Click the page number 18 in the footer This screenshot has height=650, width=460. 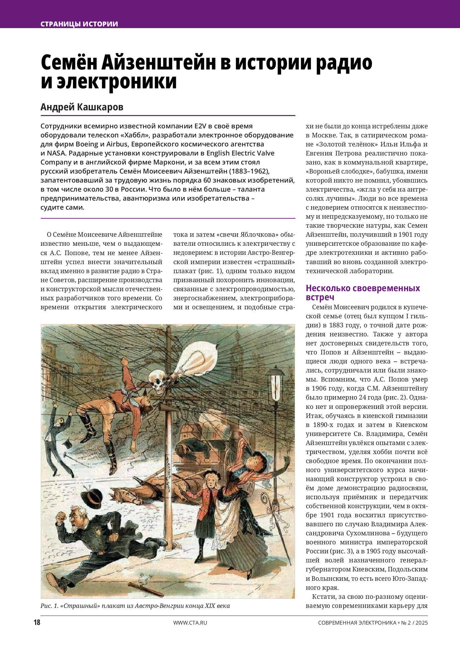(x=37, y=622)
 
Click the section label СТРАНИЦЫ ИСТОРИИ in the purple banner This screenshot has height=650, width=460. (x=79, y=24)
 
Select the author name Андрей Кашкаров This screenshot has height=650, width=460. (x=82, y=107)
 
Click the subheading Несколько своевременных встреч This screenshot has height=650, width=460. (x=363, y=293)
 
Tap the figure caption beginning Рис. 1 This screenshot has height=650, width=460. (x=135, y=606)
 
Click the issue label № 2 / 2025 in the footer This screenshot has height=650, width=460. (x=414, y=623)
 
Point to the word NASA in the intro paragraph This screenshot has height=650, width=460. (x=54, y=153)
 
